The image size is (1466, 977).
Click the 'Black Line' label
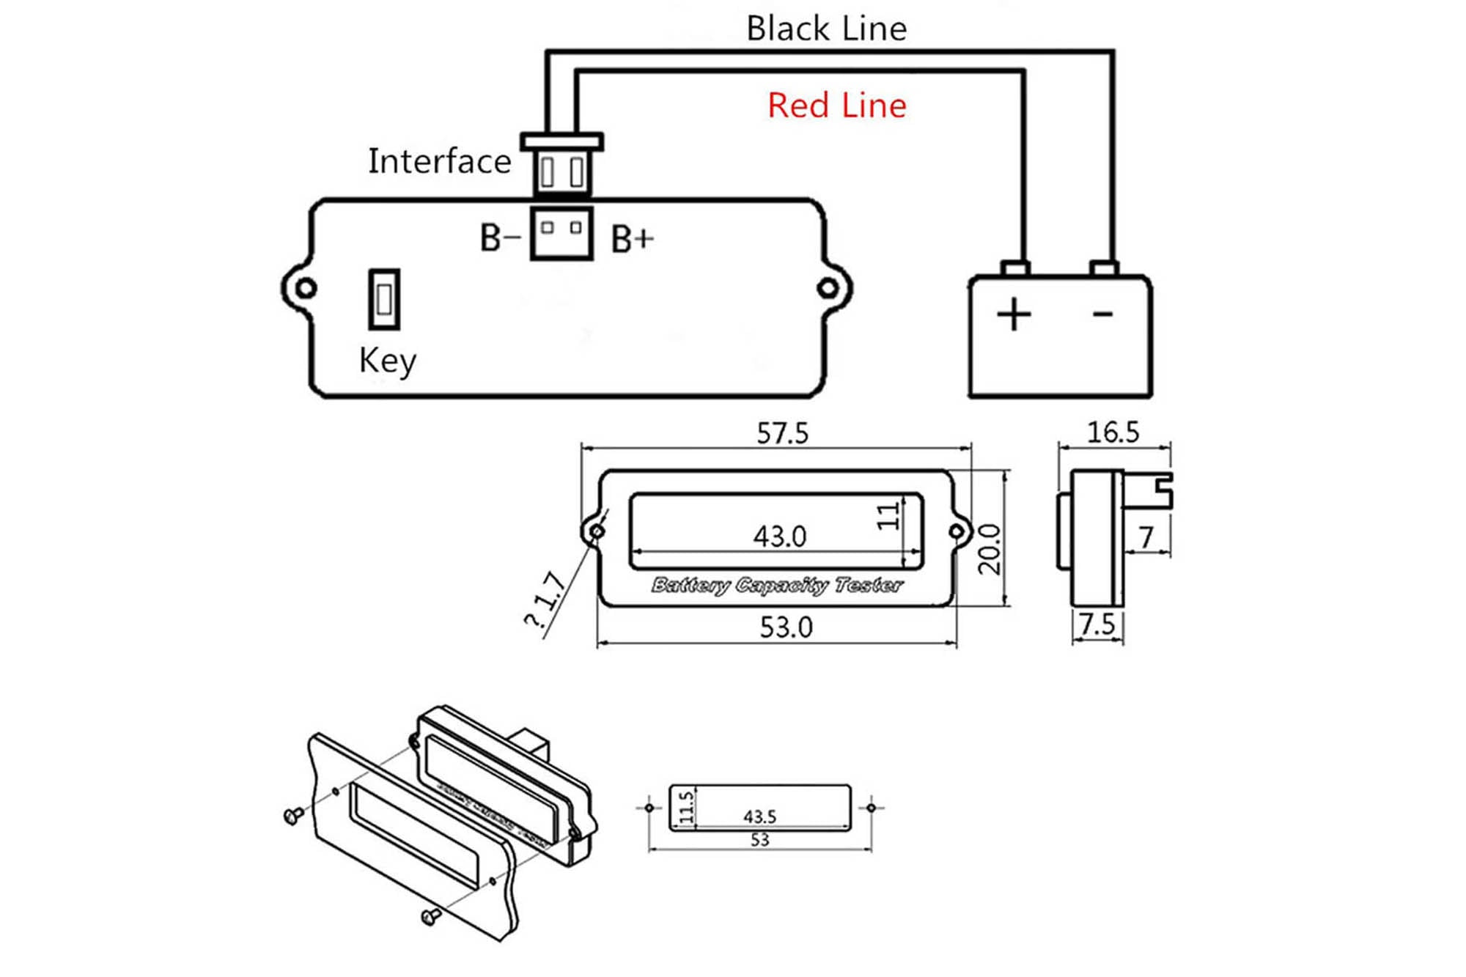pyautogui.click(x=826, y=29)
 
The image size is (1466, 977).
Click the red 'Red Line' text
pyautogui.click(x=836, y=106)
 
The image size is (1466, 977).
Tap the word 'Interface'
pyautogui.click(x=439, y=161)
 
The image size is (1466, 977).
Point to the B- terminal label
pyautogui.click(x=500, y=238)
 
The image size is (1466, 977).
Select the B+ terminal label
pyautogui.click(x=632, y=239)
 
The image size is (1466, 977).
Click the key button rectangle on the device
pyautogui.click(x=384, y=299)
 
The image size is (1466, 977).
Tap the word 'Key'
pyautogui.click(x=387, y=361)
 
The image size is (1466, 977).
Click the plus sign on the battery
pyautogui.click(x=1014, y=314)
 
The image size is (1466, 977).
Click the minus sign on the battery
pyautogui.click(x=1102, y=314)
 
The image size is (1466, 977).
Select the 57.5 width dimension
pyautogui.click(x=782, y=433)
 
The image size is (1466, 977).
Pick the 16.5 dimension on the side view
pyautogui.click(x=1112, y=432)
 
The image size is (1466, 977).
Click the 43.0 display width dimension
pyautogui.click(x=779, y=537)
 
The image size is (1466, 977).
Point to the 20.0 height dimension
pyautogui.click(x=989, y=549)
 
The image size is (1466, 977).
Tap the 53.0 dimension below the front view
pyautogui.click(x=786, y=627)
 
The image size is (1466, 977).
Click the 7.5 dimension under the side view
pyautogui.click(x=1097, y=624)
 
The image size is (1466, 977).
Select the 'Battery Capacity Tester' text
pyautogui.click(x=777, y=585)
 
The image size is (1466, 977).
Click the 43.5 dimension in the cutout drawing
pyautogui.click(x=759, y=816)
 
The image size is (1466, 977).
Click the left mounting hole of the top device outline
pyautogui.click(x=306, y=288)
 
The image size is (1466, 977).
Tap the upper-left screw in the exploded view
pyautogui.click(x=294, y=814)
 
